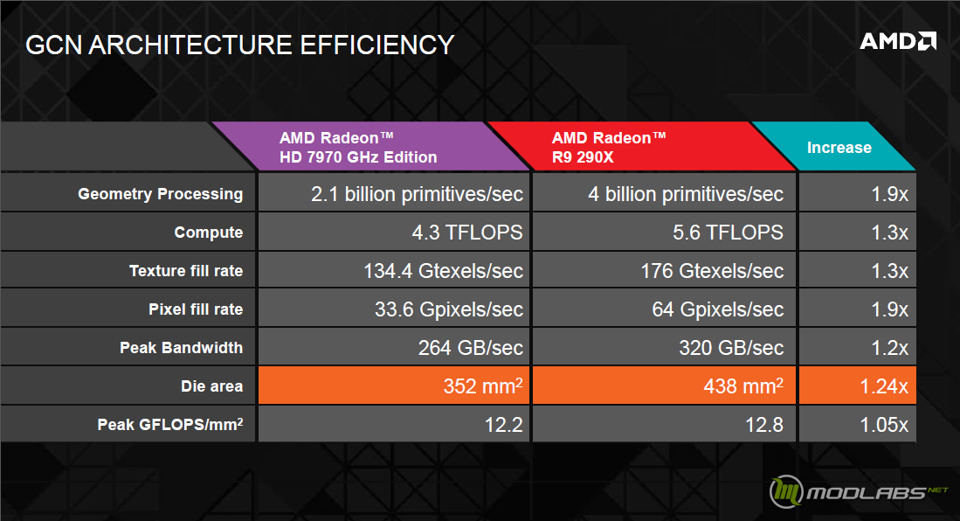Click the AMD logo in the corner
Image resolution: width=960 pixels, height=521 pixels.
tap(898, 41)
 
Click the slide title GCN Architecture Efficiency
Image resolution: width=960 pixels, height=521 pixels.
tap(239, 45)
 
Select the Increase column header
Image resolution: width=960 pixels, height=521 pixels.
tap(839, 148)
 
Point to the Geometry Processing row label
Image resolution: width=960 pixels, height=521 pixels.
tap(161, 194)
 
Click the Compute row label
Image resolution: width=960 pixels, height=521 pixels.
tap(208, 233)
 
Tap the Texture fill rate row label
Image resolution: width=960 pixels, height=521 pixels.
tap(186, 271)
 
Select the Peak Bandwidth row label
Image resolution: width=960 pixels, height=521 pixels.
tap(181, 348)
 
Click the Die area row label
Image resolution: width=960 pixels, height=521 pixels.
tap(212, 386)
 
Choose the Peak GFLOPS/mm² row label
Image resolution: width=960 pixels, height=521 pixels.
tap(170, 424)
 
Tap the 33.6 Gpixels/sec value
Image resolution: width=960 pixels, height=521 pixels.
tap(449, 309)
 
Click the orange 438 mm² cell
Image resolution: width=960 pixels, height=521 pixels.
tap(664, 386)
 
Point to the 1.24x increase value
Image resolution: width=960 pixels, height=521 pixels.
tap(883, 386)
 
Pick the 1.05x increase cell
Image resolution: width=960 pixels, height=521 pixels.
tap(858, 424)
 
